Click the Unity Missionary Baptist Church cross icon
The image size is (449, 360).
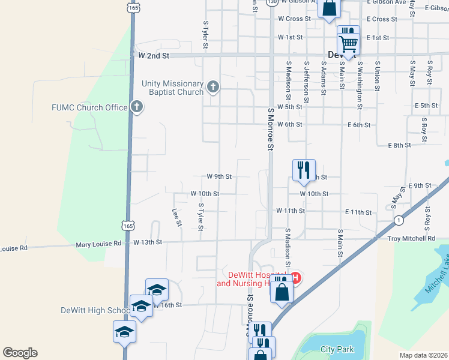point(212,88)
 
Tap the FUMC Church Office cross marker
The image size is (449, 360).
point(137,107)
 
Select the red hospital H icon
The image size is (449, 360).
point(295,277)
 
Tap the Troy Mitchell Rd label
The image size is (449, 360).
point(411,238)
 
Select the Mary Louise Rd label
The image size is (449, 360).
point(98,244)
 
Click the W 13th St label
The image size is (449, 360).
point(148,242)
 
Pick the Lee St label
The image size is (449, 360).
point(176,218)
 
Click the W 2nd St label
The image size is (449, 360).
point(154,55)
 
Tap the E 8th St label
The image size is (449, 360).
point(399,145)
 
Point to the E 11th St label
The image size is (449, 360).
point(358,212)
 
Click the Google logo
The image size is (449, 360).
point(20,353)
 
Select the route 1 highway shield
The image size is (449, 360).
point(399,221)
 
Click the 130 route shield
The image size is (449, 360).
point(273,2)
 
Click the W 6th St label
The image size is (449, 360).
point(289,124)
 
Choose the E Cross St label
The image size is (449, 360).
point(381,19)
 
